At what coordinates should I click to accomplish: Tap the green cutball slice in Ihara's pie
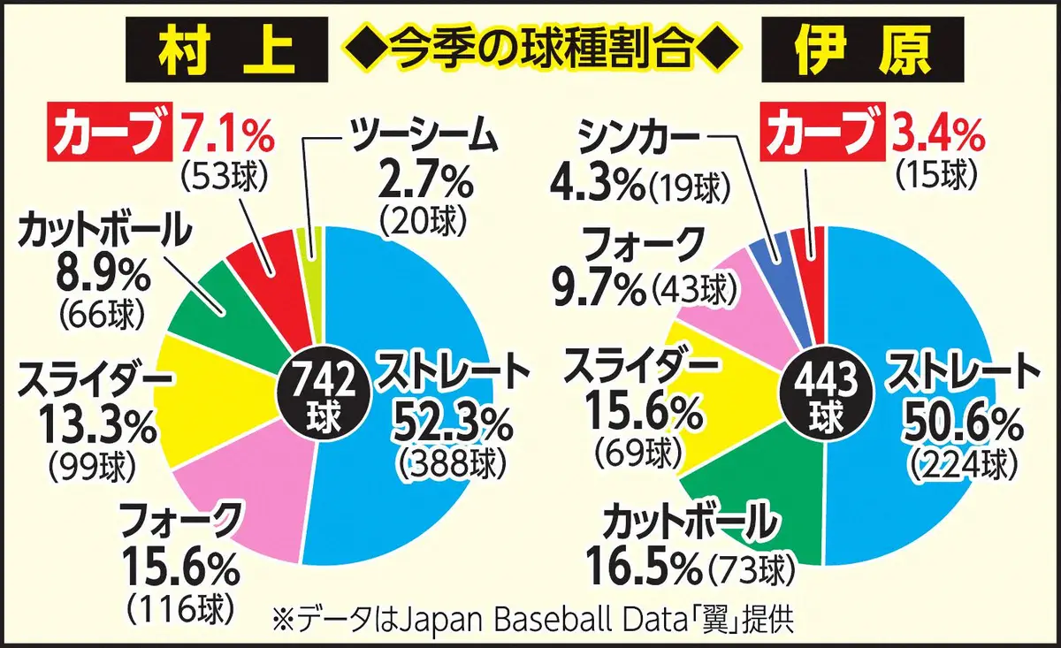pyautogui.click(x=760, y=495)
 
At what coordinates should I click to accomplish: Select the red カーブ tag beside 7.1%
pyautogui.click(x=110, y=133)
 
